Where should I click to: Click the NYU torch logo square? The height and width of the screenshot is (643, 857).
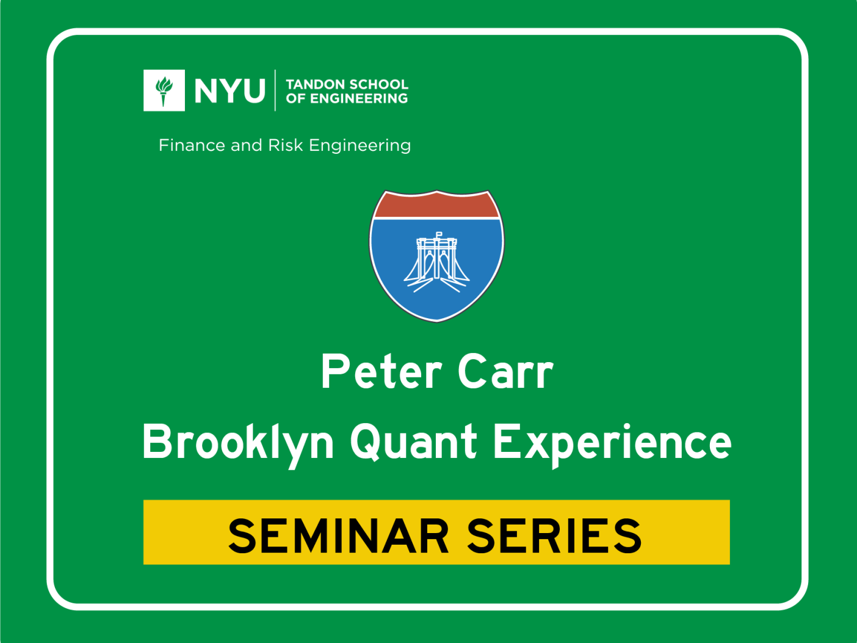164,90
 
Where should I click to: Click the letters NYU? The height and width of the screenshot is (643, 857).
230,91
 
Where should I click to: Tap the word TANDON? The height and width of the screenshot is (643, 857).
311,84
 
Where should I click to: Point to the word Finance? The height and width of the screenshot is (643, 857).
192,145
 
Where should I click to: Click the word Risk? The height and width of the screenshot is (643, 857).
285,145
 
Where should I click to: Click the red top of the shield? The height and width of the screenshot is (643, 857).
437,206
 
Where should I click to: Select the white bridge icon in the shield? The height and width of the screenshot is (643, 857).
437,263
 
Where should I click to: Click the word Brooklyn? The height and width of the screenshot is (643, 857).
238,442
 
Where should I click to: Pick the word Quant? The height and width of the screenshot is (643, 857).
413,442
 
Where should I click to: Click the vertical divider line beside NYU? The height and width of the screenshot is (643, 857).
275,90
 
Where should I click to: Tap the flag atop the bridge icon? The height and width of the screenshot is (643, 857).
439,234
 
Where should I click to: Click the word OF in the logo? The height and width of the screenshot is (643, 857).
295,99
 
